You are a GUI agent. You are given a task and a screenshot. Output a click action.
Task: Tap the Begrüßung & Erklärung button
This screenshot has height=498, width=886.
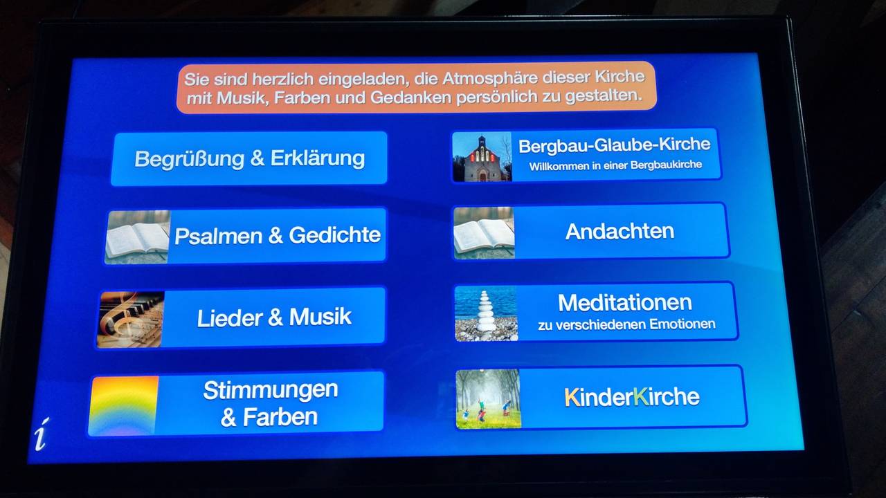coord(249,158)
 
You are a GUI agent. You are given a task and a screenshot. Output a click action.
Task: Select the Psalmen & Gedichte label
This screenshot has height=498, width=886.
coord(278,235)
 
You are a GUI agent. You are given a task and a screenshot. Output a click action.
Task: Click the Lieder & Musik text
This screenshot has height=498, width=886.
coord(274,317)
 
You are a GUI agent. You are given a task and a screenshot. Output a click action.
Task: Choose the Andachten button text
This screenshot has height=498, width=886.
coord(620,231)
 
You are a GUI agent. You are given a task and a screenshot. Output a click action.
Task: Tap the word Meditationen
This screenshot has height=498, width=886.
coord(625,303)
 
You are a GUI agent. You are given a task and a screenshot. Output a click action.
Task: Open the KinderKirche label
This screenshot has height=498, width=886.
coord(632,397)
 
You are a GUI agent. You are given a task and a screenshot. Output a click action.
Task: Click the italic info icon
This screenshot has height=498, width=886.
coord(42,434)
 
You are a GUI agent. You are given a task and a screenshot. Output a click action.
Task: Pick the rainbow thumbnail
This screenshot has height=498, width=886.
coord(123,406)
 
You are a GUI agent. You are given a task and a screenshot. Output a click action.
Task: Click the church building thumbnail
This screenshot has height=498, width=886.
coord(482,157)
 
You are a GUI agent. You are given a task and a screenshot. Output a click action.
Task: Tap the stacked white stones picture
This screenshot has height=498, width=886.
coord(486,313)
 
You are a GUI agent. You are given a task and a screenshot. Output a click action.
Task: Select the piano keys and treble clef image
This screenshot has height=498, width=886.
coord(131,320)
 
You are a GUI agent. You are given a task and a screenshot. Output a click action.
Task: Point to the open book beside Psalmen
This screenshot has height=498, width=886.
coord(137,237)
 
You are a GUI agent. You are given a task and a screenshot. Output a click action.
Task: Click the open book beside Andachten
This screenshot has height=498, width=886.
coord(484,233)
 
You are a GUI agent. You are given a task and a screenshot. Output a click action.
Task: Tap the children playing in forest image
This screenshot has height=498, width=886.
coord(489,399)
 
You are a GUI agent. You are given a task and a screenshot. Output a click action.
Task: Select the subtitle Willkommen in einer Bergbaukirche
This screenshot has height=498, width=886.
coord(615,165)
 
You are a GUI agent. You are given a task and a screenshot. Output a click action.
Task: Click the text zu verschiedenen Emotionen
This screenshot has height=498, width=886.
coord(626,325)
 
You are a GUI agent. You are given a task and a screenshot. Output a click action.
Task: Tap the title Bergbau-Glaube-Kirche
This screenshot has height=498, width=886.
coord(614,145)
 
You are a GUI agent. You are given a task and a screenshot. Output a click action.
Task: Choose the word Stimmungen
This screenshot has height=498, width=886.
coord(271,390)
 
